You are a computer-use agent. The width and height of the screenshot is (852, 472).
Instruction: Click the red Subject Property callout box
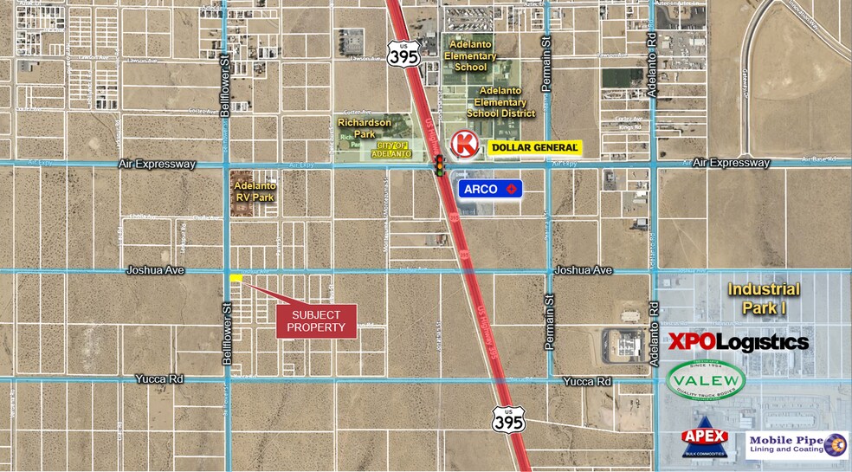[x=316, y=321]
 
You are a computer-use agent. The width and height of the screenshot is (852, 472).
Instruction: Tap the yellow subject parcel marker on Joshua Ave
[x=236, y=277]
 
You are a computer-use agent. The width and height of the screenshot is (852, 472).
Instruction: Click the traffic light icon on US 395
[x=440, y=165]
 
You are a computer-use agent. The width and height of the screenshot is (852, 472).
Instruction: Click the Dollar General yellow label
[x=533, y=148]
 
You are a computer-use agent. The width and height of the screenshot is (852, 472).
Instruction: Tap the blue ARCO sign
[x=490, y=188]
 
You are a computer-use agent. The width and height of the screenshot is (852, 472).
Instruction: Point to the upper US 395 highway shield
[x=403, y=54]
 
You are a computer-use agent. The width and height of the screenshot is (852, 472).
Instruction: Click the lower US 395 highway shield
[x=508, y=420]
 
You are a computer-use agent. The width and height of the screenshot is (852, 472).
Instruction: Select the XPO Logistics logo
[x=739, y=342]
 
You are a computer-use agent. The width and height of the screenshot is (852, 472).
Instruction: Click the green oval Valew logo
[x=706, y=380]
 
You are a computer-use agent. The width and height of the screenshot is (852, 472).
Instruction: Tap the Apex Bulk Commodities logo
[x=705, y=440]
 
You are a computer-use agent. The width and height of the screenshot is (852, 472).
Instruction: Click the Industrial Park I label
[x=764, y=297]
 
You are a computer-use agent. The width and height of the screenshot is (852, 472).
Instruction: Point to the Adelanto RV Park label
[x=255, y=191]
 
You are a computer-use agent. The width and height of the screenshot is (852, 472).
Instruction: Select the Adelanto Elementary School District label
[x=500, y=101]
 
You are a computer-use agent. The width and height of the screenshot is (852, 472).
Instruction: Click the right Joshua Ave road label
[x=584, y=270]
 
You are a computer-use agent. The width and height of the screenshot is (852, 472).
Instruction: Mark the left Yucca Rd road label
[x=160, y=378]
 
